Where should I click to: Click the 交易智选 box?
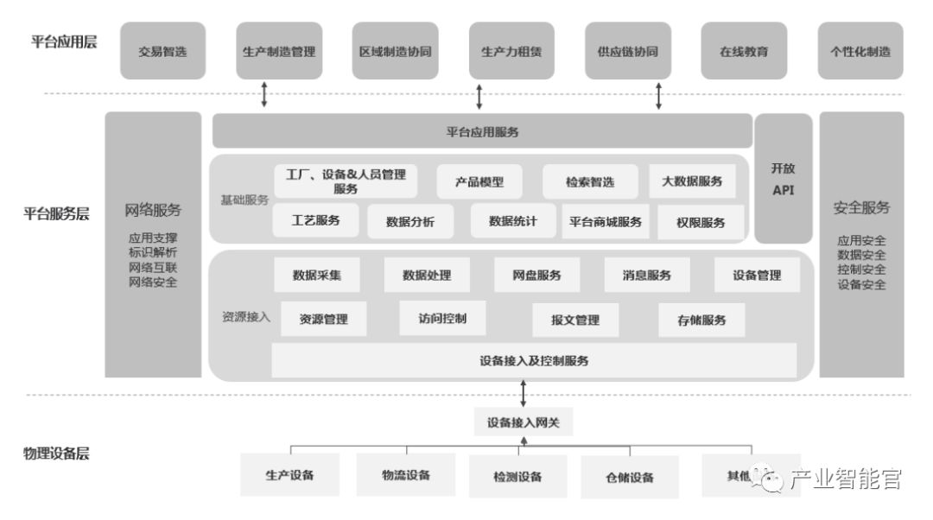tap(162, 51)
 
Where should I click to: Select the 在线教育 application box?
tap(743, 51)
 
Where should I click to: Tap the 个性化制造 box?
tap(860, 51)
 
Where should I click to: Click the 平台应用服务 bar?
tap(482, 131)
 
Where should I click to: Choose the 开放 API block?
tap(783, 179)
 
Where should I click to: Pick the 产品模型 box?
tap(479, 181)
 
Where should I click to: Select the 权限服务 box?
tap(701, 222)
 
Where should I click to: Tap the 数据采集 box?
tap(316, 275)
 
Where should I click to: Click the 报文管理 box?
tap(574, 320)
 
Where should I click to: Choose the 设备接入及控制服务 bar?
tap(534, 360)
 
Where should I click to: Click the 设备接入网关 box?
tap(524, 422)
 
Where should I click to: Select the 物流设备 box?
tap(406, 475)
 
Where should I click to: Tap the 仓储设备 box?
tap(629, 478)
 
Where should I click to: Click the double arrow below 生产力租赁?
tap(479, 96)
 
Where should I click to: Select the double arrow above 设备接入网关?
tap(524, 394)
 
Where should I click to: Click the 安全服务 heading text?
tap(861, 207)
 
